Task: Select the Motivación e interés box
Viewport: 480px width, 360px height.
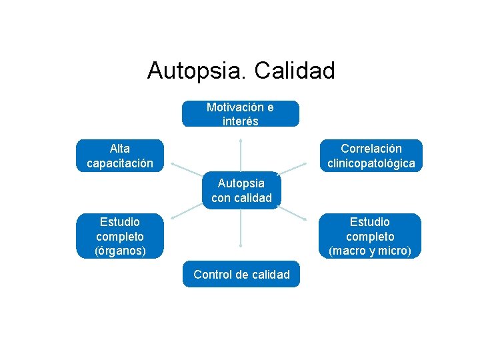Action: [241, 114]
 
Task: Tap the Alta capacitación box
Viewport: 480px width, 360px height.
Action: [120, 155]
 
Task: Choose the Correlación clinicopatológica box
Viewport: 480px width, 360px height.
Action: [371, 155]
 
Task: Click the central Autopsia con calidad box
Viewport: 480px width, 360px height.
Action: [241, 191]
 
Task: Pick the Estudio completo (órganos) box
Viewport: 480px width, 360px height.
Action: [120, 236]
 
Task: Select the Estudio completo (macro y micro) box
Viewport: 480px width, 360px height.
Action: [371, 236]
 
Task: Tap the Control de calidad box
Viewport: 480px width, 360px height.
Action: [241, 274]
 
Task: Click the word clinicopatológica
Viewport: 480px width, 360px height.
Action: [371, 163]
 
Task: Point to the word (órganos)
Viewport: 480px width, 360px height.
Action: [120, 251]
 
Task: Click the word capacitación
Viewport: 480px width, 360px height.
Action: [120, 163]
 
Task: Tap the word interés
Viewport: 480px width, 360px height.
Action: [241, 121]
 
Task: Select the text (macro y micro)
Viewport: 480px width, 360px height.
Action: [371, 251]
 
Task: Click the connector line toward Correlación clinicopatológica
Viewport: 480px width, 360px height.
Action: [293, 168]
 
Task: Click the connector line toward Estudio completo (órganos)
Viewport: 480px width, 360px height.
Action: [187, 212]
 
